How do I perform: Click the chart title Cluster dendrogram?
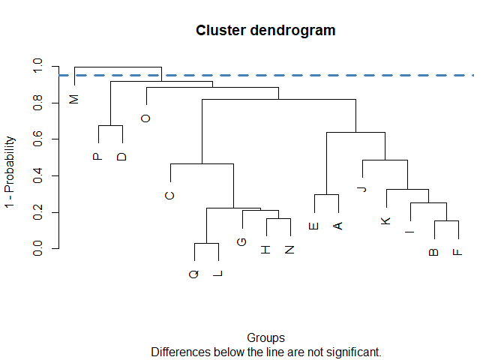[x=265, y=31]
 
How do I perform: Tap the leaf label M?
[x=74, y=99]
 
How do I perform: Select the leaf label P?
[x=97, y=157]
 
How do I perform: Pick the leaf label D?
[x=122, y=157]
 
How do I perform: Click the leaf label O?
[x=146, y=118]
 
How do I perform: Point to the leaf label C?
[x=170, y=196]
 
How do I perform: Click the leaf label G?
[x=241, y=241]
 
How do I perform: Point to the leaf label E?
[x=314, y=225]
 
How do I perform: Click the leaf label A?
[x=338, y=225]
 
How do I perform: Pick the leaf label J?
[x=362, y=188]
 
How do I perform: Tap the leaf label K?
[x=386, y=220]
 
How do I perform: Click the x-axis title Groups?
[x=265, y=337]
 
